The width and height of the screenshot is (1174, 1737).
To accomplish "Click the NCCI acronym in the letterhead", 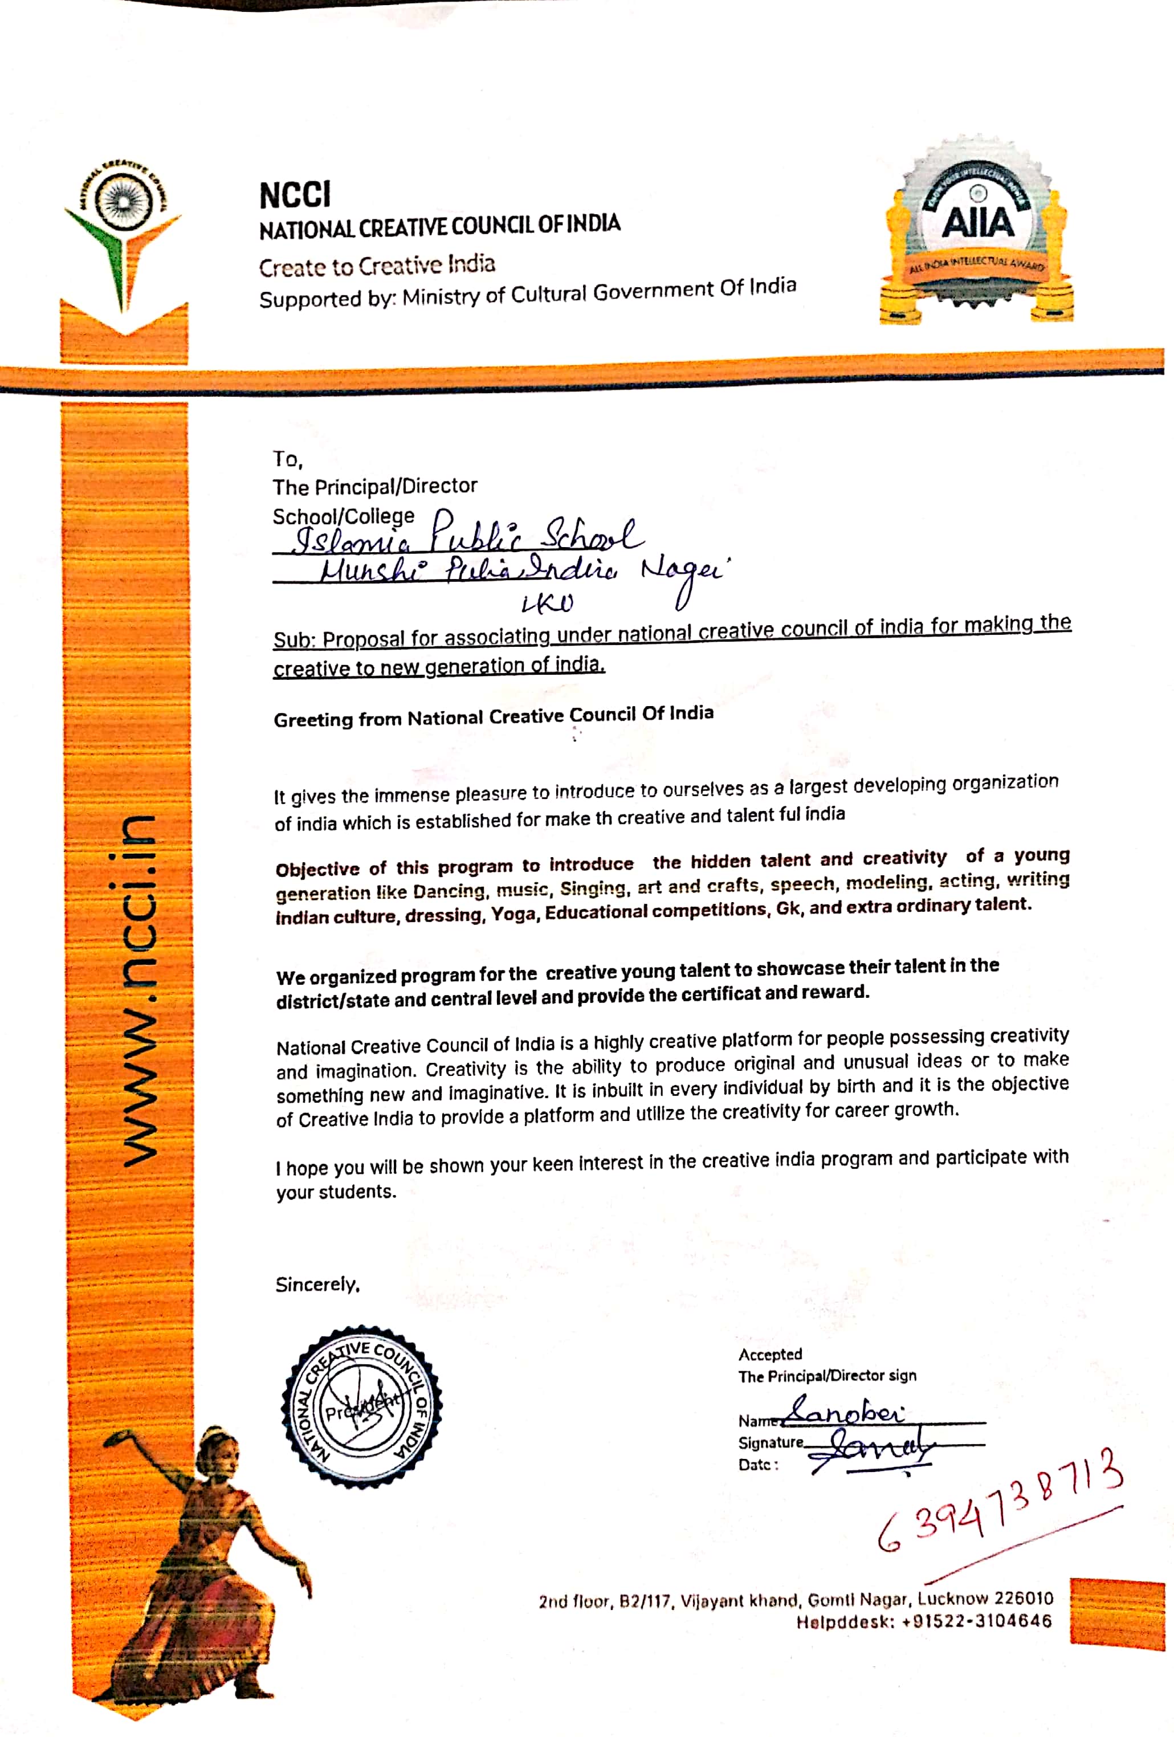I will click(295, 195).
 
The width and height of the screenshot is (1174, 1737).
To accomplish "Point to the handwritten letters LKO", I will click(547, 602).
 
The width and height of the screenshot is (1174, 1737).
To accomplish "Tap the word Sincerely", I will click(317, 1284).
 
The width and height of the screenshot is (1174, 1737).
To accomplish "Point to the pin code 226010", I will click(1023, 1598).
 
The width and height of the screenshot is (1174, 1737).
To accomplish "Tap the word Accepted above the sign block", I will click(770, 1354).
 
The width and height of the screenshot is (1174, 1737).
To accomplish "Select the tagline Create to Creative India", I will click(377, 266).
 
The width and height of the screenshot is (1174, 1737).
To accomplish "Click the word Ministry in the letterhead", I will click(442, 297).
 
